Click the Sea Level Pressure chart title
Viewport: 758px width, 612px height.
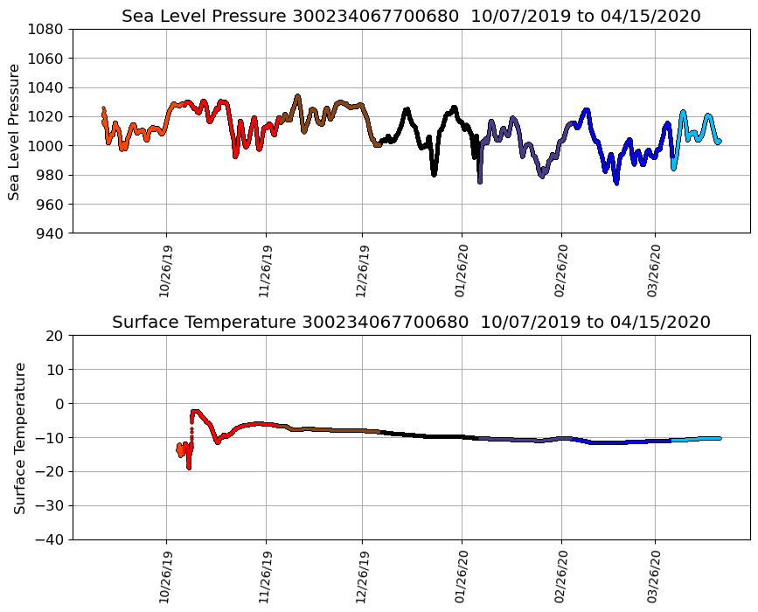tap(411, 16)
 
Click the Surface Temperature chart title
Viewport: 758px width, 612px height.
tap(411, 322)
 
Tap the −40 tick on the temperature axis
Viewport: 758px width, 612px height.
tap(51, 539)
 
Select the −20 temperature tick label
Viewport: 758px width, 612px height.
tap(51, 472)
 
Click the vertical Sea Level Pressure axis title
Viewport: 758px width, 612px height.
tap(15, 131)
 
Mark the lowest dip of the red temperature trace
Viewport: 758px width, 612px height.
tap(189, 468)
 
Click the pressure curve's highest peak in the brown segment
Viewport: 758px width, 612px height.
tap(297, 96)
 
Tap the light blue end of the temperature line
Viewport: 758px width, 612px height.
tap(719, 438)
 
